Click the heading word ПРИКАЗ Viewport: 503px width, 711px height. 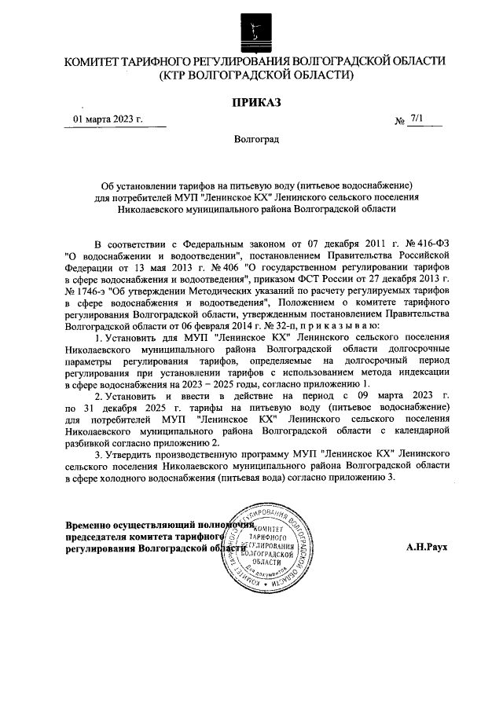point(255,101)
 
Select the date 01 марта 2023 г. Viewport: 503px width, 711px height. point(108,119)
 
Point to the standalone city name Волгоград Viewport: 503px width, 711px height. point(255,139)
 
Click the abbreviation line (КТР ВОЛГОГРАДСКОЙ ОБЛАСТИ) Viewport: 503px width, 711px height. point(255,75)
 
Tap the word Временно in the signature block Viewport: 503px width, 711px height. point(91,523)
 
